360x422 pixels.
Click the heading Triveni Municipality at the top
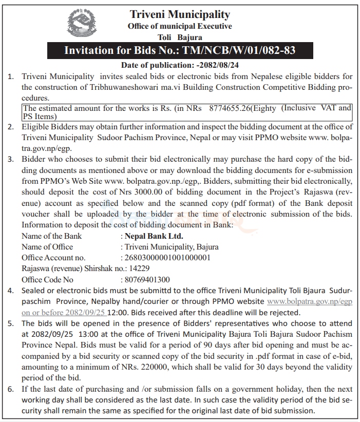pos(180,14)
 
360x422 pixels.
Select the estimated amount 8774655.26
pos(231,108)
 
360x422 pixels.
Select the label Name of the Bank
pos(51,236)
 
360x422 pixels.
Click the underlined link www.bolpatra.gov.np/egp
pos(310,301)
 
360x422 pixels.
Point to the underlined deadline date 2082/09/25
pos(85,312)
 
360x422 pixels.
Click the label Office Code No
pos(47,280)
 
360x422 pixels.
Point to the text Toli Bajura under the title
pos(180,37)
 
